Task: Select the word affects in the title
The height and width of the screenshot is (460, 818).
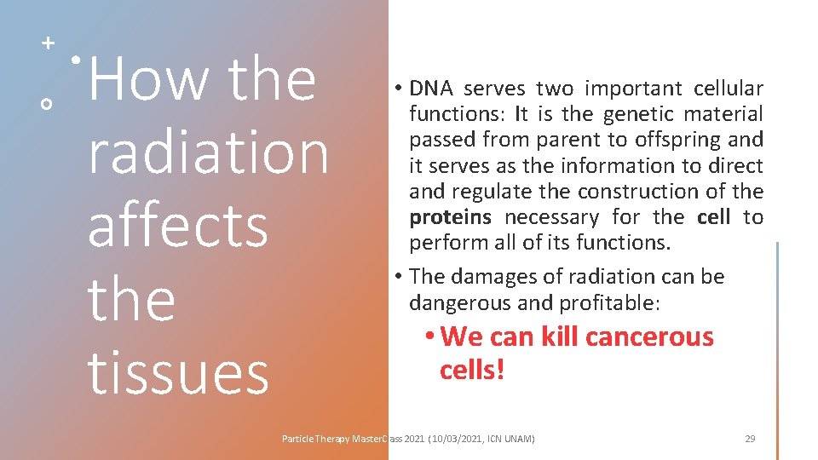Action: click(177, 226)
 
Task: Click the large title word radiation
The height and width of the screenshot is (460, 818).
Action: click(208, 152)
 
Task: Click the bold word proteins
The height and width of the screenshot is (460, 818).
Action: click(450, 217)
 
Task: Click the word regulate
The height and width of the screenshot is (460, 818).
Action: click(488, 192)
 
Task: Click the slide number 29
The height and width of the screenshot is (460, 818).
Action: click(750, 439)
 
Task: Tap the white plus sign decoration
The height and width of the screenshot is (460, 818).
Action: click(48, 42)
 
